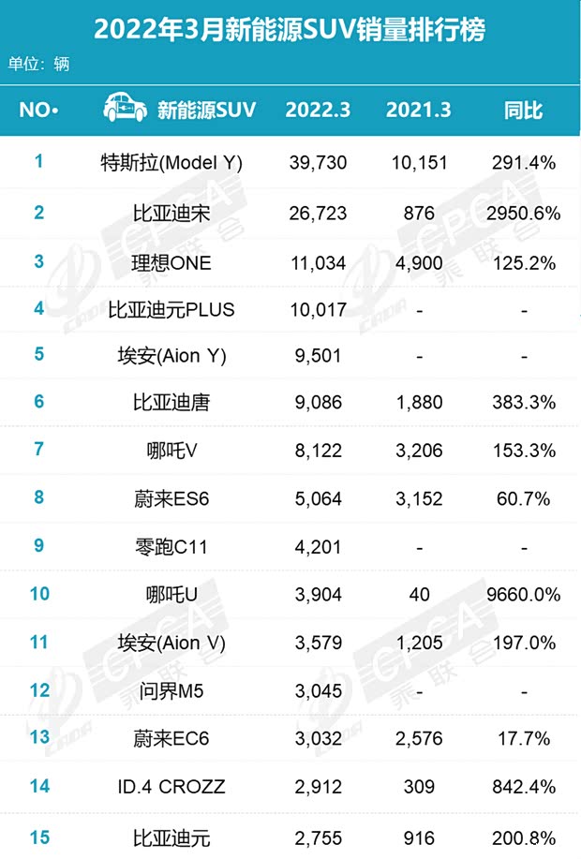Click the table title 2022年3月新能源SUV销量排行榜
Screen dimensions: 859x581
click(x=290, y=30)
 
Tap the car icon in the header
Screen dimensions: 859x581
click(x=126, y=109)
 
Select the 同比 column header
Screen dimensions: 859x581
click(x=523, y=110)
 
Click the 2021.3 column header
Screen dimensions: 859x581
click(x=418, y=110)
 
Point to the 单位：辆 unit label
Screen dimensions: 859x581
click(x=38, y=64)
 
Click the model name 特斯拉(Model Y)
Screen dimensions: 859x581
click(x=171, y=163)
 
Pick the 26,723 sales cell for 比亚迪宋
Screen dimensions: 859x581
click(x=317, y=213)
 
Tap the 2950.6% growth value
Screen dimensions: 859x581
click(x=524, y=213)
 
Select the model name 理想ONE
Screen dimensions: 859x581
click(x=171, y=263)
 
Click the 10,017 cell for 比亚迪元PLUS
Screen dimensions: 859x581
click(x=317, y=309)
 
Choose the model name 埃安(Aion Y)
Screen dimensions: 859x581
click(x=171, y=355)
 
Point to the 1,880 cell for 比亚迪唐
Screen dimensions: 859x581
click(x=418, y=403)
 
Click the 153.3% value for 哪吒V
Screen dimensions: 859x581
click(x=524, y=451)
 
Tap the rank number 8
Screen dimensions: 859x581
click(x=39, y=497)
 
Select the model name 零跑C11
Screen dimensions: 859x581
click(x=171, y=546)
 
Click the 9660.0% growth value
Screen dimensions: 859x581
click(x=524, y=595)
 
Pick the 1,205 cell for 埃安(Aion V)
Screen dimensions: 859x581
click(x=418, y=643)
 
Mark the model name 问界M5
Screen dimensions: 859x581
click(x=171, y=691)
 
